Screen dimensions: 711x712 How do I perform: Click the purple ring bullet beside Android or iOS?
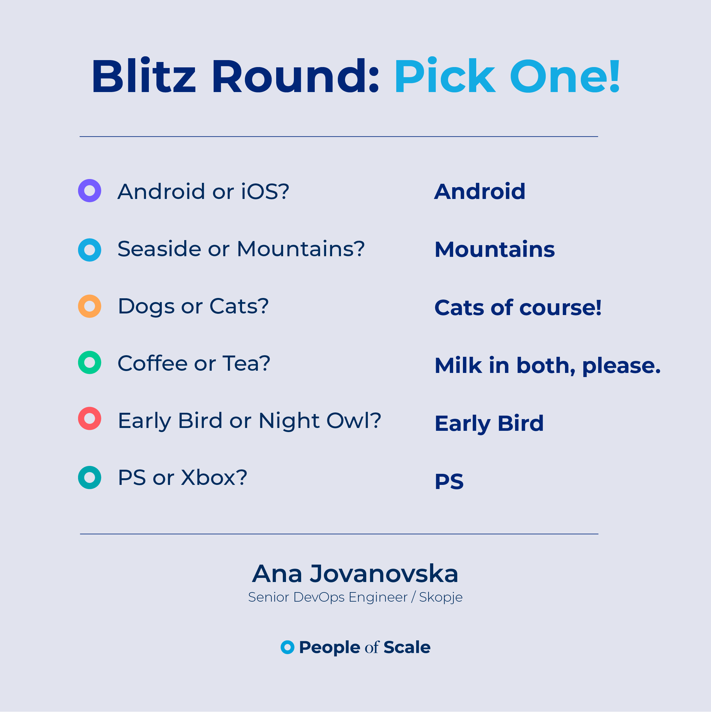[82, 190]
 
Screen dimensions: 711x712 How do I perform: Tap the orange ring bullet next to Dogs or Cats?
[82, 306]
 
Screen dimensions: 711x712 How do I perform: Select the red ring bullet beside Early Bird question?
[82, 418]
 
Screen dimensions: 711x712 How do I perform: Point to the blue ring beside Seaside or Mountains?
[82, 250]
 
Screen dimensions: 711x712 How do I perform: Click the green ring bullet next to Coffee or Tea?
[82, 362]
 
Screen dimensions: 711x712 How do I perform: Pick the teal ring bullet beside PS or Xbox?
[82, 478]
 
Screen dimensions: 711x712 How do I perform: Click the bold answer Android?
[480, 192]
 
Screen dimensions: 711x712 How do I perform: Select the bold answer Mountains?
[495, 250]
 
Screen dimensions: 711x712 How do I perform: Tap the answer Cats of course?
[518, 307]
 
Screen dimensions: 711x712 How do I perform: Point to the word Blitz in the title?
[143, 77]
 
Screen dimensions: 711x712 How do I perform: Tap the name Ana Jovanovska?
[355, 574]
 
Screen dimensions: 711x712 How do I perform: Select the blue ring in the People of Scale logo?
[283, 647]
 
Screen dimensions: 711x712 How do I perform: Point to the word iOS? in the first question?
[265, 192]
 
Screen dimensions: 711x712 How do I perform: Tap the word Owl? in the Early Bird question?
[354, 420]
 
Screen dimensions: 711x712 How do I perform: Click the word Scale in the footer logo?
[407, 647]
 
